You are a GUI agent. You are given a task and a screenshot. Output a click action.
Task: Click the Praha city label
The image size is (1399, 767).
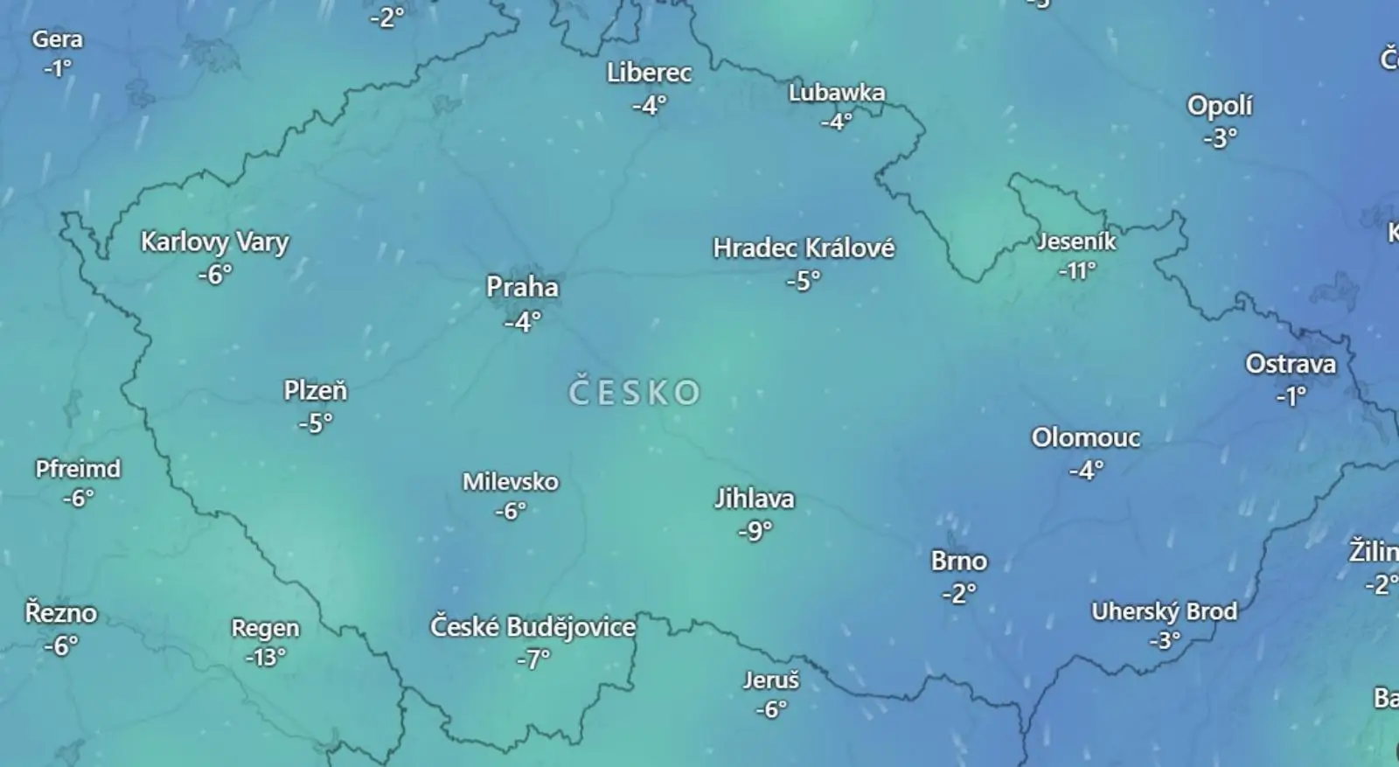[522, 287]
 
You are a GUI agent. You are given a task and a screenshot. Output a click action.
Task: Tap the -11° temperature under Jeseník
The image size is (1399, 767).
[1076, 271]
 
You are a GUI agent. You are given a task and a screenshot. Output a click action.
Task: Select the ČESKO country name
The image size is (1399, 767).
[635, 393]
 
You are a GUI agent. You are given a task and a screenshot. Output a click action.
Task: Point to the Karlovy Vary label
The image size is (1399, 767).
[214, 241]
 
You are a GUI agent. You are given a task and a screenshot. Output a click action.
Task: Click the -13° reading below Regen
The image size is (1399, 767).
[265, 657]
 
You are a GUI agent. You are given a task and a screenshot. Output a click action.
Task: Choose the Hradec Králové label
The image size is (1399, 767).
[804, 248]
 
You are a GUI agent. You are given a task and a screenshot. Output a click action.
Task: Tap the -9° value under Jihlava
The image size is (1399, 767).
[755, 531]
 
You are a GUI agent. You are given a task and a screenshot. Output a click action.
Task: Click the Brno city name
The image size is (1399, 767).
[958, 561]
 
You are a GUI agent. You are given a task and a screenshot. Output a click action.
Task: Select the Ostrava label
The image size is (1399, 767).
[1291, 364]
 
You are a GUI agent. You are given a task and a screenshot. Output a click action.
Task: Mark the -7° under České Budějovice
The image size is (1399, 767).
[532, 659]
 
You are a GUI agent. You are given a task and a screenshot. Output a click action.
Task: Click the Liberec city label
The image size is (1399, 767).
[649, 73]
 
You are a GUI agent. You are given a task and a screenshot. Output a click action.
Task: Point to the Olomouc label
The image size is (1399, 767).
[1085, 437]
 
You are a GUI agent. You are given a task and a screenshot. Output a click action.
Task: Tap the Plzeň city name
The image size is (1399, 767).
[315, 390]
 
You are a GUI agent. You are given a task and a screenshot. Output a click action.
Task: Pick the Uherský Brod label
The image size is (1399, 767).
[1164, 611]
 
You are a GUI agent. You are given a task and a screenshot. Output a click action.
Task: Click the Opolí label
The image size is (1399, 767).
[1219, 106]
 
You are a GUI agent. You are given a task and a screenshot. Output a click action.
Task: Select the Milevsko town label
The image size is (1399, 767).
[510, 481]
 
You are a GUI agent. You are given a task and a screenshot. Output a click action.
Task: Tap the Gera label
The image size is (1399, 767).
[58, 39]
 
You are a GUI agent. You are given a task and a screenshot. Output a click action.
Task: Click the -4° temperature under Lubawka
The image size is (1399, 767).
[836, 122]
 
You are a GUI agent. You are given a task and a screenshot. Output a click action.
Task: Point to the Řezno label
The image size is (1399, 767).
[60, 613]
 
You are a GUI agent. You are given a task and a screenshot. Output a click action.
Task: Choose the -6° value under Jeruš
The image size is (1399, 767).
[770, 709]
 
